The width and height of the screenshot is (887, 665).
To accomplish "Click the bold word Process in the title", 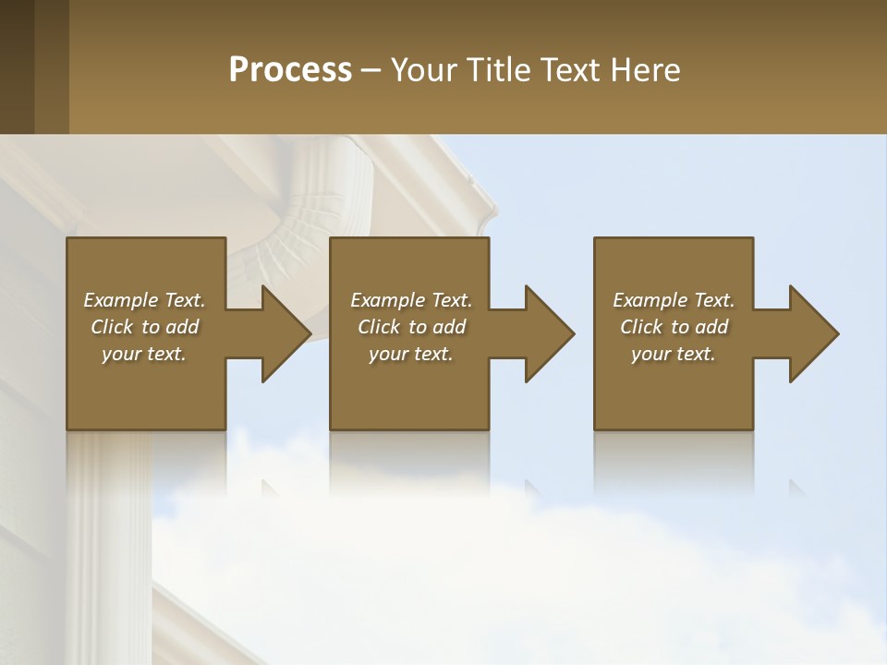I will pos(290,70).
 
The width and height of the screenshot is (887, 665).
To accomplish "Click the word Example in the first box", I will pos(121,300).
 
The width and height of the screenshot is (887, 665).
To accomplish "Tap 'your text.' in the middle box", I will pos(410,354).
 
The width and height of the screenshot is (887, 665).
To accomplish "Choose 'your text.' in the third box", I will pos(673,354).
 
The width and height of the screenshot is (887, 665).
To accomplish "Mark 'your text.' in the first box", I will pos(143,354).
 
